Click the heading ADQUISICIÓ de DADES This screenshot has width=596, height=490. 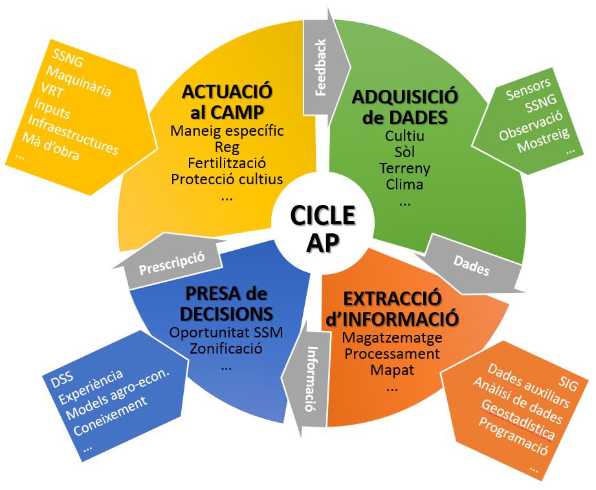404,107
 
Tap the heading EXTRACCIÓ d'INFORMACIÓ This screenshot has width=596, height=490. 401,308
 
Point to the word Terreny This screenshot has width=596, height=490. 404,168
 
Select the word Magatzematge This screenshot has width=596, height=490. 392,337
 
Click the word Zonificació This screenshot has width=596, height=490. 226,350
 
